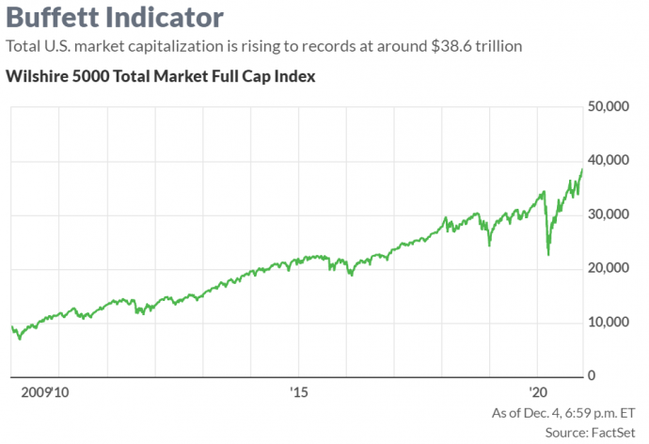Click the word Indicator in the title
coord(167,18)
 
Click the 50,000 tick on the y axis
coord(608,107)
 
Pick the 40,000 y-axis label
coord(608,161)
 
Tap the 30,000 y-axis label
coord(608,214)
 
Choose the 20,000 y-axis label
coord(608,268)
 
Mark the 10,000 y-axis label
coord(608,322)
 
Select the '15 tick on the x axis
coord(299,391)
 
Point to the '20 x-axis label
coord(539,391)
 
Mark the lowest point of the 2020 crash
coord(548,254)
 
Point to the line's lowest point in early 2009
coord(20,339)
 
